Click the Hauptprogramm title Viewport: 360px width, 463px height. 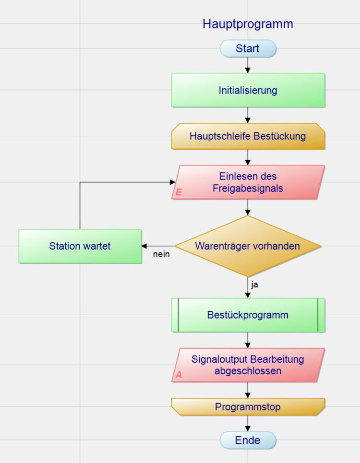point(248,24)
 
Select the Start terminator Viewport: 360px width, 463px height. point(248,48)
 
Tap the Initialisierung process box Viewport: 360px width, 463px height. point(248,90)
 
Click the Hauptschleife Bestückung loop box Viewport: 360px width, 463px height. point(248,136)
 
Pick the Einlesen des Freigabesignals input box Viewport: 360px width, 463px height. point(248,182)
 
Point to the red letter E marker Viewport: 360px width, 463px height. point(179,192)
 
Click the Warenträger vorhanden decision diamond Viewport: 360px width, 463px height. point(248,246)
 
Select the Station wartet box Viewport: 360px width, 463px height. point(80,246)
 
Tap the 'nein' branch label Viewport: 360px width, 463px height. point(161,254)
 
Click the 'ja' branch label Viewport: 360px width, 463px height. point(254,285)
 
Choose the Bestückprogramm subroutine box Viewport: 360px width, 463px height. point(248,315)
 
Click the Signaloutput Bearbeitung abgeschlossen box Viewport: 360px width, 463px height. point(248,365)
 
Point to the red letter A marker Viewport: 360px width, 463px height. point(179,375)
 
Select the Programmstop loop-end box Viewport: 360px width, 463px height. point(248,406)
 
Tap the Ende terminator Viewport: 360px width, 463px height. point(248,440)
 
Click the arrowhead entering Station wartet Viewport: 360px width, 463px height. point(144,246)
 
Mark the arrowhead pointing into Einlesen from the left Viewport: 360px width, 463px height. point(173,182)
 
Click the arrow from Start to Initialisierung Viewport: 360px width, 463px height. point(248,65)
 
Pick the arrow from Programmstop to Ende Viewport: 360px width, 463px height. point(248,424)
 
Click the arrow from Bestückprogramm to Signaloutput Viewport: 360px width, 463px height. point(248,340)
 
